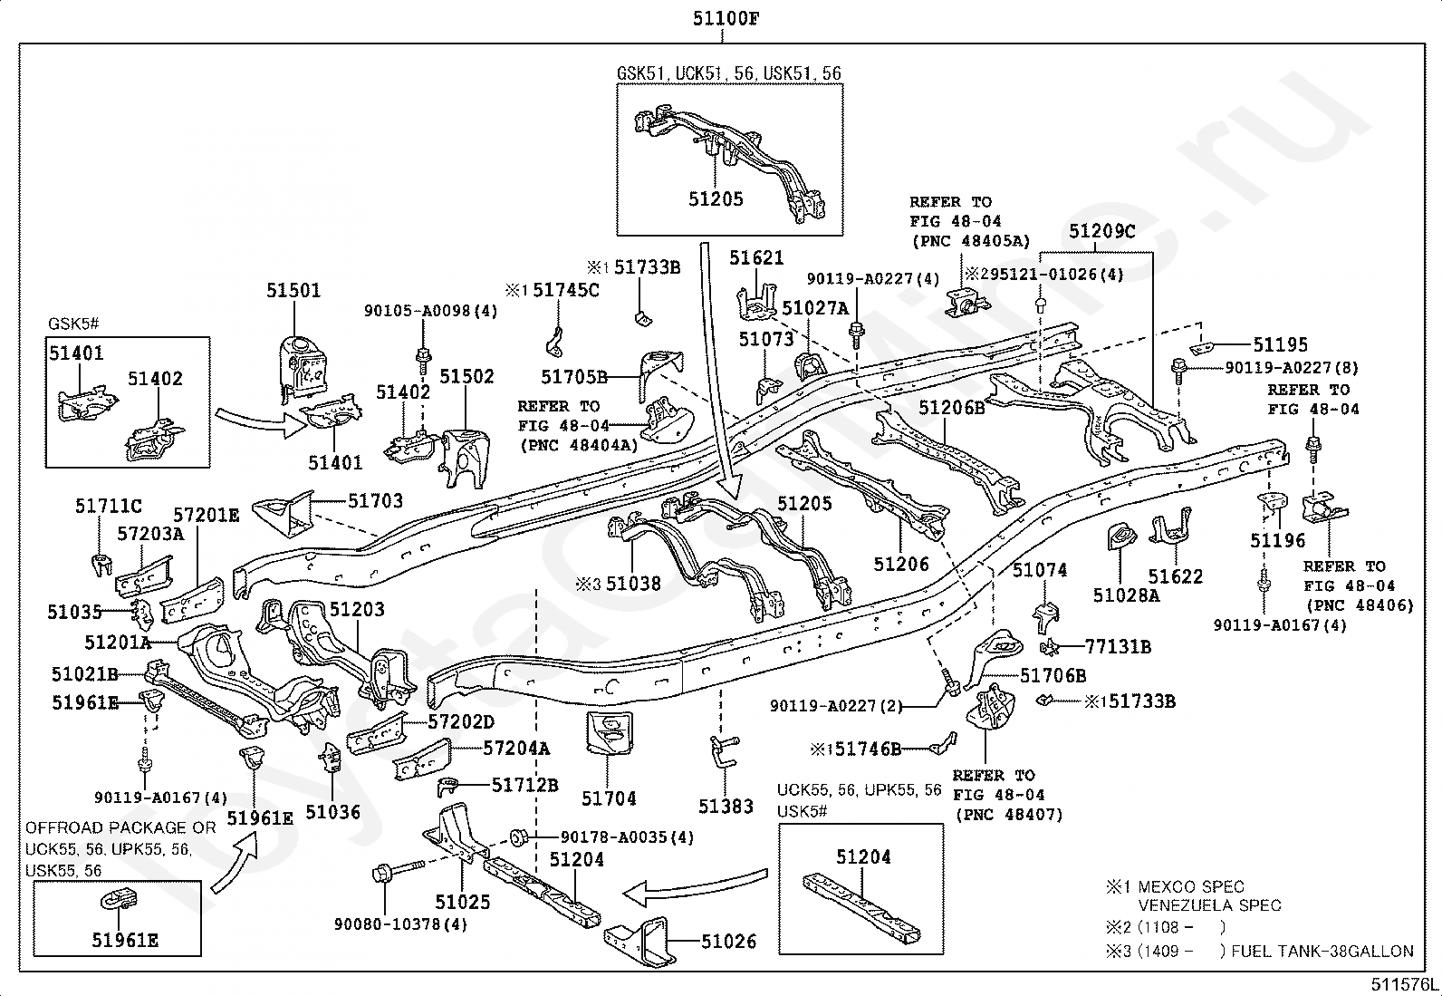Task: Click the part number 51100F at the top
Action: pos(726,19)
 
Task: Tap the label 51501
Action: pos(293,291)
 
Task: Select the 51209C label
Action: pos(1102,230)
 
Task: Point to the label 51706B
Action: pos(1053,675)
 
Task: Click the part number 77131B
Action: pos(1119,646)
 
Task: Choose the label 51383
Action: pos(726,806)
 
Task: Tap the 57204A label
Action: pos(517,748)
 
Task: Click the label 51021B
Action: pos(85,674)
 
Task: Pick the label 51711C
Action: pos(108,506)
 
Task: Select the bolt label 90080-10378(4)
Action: pos(400,923)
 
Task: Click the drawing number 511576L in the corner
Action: pos(1403,984)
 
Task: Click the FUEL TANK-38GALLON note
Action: pos(1322,951)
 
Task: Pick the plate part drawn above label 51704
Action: pos(609,732)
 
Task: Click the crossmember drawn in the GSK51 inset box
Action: pos(729,164)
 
